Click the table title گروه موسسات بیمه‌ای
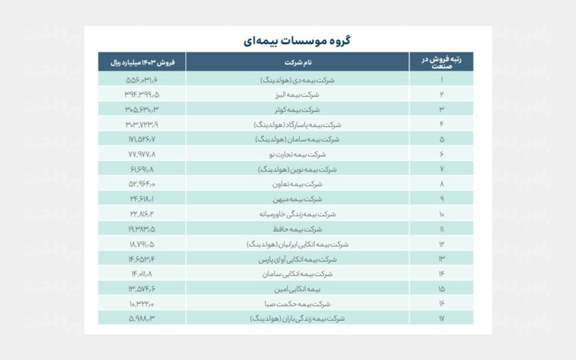coord(298,40)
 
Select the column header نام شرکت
coord(298,62)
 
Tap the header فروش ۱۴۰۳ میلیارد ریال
coord(142,62)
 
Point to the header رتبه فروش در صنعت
coord(441,62)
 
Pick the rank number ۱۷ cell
coord(441,318)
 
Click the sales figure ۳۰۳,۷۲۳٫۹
coord(142,124)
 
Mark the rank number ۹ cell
coord(441,199)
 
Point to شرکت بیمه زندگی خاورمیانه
coord(298,214)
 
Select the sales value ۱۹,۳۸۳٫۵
coord(142,229)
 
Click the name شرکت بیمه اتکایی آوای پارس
coord(298,259)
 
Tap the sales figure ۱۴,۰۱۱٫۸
coord(142,274)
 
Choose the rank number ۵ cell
coord(441,139)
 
